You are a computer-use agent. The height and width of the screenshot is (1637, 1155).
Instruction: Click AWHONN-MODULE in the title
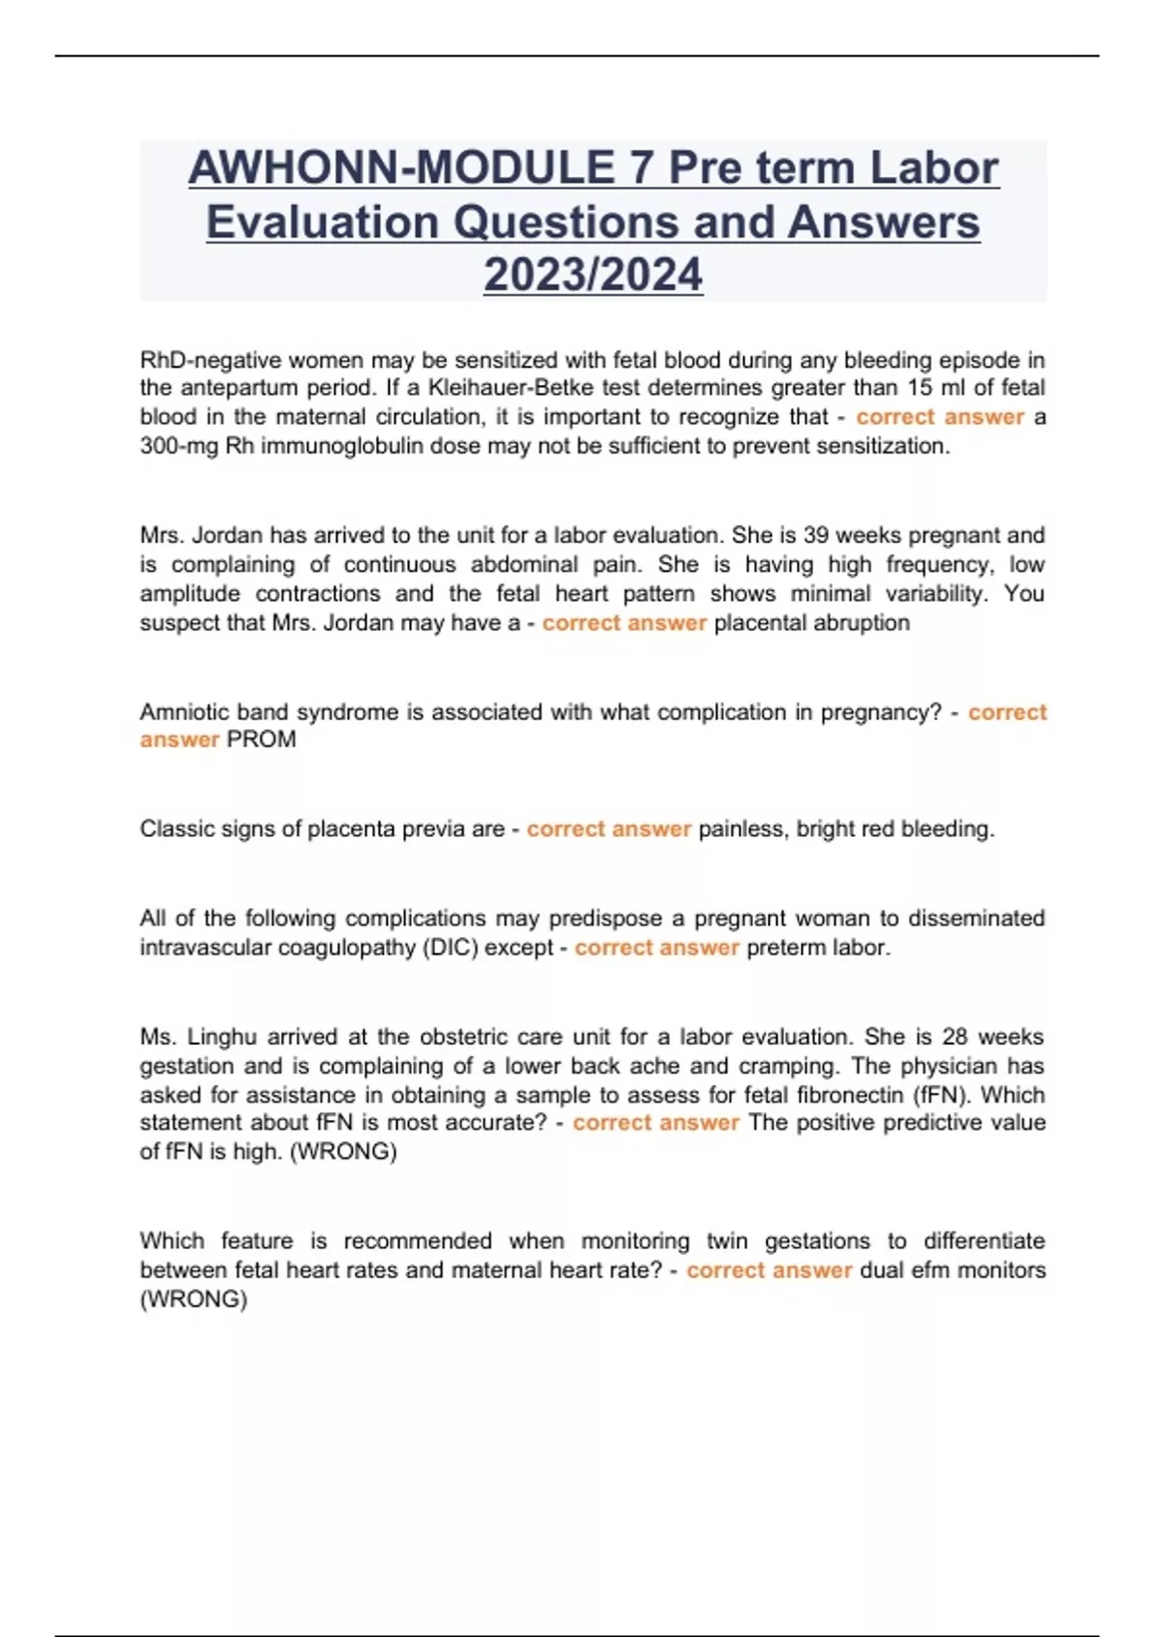pos(401,169)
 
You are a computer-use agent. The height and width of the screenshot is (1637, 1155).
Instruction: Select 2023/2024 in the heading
pos(593,274)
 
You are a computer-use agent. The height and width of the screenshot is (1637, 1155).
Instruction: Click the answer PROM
pos(261,740)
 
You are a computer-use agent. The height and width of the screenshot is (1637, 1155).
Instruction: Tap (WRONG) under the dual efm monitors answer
pos(193,1300)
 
